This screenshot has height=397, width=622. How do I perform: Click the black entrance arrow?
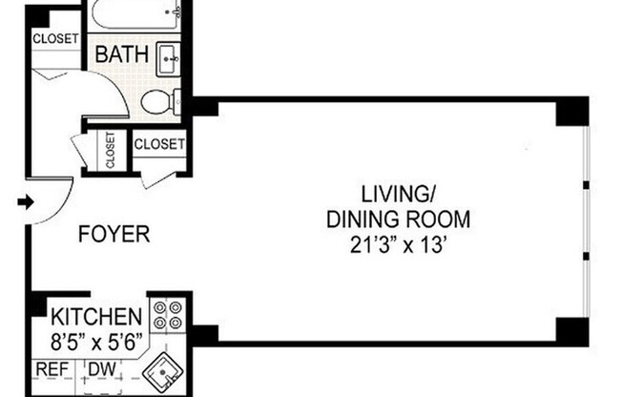pos(26,202)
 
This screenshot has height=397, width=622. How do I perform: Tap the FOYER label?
pos(114,234)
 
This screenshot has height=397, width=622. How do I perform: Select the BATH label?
pos(122,54)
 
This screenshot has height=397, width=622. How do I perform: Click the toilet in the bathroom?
pos(161,101)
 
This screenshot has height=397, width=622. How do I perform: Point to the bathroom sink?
pos(169,59)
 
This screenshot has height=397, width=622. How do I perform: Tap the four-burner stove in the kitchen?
pos(167,315)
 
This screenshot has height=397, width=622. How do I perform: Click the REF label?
pos(52,369)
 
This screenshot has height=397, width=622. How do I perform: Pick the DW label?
pos(102,369)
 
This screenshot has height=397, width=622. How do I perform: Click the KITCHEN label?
pos(96,317)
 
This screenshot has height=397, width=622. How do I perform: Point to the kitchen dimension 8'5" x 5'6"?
pos(96,343)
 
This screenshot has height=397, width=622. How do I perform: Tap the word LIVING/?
pos(399,194)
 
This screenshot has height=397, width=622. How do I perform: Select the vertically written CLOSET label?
pos(111,150)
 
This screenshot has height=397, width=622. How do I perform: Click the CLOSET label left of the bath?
pos(55,38)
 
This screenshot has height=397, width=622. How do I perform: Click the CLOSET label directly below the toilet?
pos(159,144)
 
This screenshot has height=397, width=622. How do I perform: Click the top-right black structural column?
pos(572,111)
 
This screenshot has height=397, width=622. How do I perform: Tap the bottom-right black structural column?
pos(572,332)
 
